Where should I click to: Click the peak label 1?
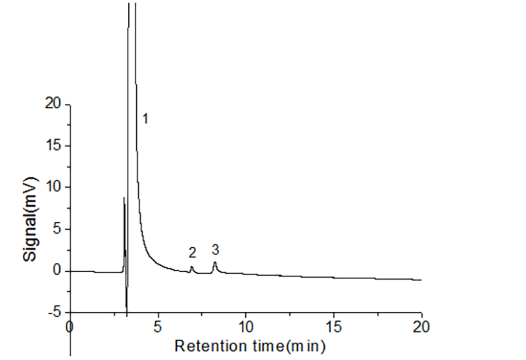coord(146,119)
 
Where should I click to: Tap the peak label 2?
coord(192,252)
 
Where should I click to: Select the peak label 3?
coord(215,250)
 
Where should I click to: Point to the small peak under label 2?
coord(191,267)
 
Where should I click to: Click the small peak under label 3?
coord(214,263)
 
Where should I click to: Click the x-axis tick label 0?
coord(70,326)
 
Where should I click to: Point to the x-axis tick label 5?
coord(158,326)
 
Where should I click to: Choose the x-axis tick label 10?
coord(246,326)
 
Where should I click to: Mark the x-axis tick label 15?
coord(333,326)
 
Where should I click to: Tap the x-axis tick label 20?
coord(421,326)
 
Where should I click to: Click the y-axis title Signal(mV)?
coord(30,208)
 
